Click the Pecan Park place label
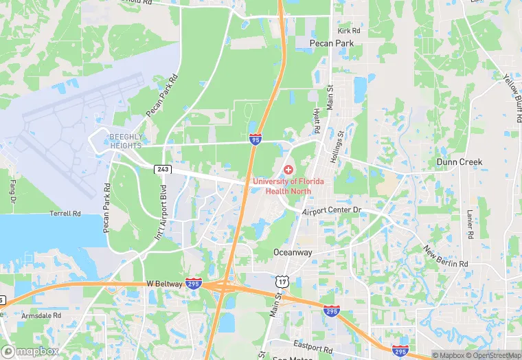pyautogui.click(x=330, y=43)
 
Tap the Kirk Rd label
pyautogui.click(x=349, y=31)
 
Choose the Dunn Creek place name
pyautogui.click(x=459, y=162)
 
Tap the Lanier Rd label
pyautogui.click(x=470, y=225)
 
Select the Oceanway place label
pyautogui.click(x=293, y=252)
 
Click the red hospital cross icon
pyautogui.click(x=288, y=169)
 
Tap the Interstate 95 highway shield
pyautogui.click(x=255, y=139)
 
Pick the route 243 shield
pyautogui.click(x=163, y=169)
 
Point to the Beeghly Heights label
pyautogui.click(x=125, y=142)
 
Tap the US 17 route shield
pyautogui.click(x=282, y=282)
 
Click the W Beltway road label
pyautogui.click(x=163, y=283)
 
